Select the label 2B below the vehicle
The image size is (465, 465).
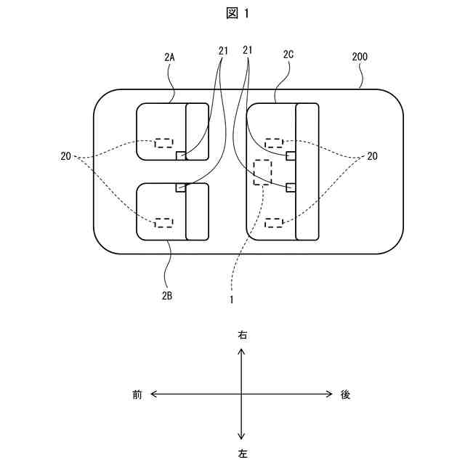167,296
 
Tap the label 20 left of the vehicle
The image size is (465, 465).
66,156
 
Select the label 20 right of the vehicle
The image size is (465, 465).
372,156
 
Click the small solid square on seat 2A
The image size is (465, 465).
181,155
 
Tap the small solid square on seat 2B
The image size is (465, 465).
181,187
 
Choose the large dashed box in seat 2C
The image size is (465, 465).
262,171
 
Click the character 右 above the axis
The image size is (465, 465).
242,336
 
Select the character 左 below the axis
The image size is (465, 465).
242,453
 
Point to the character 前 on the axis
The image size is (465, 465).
137,395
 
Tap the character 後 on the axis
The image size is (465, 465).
346,395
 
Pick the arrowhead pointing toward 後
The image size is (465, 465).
330,395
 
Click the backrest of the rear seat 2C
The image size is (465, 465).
307,171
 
